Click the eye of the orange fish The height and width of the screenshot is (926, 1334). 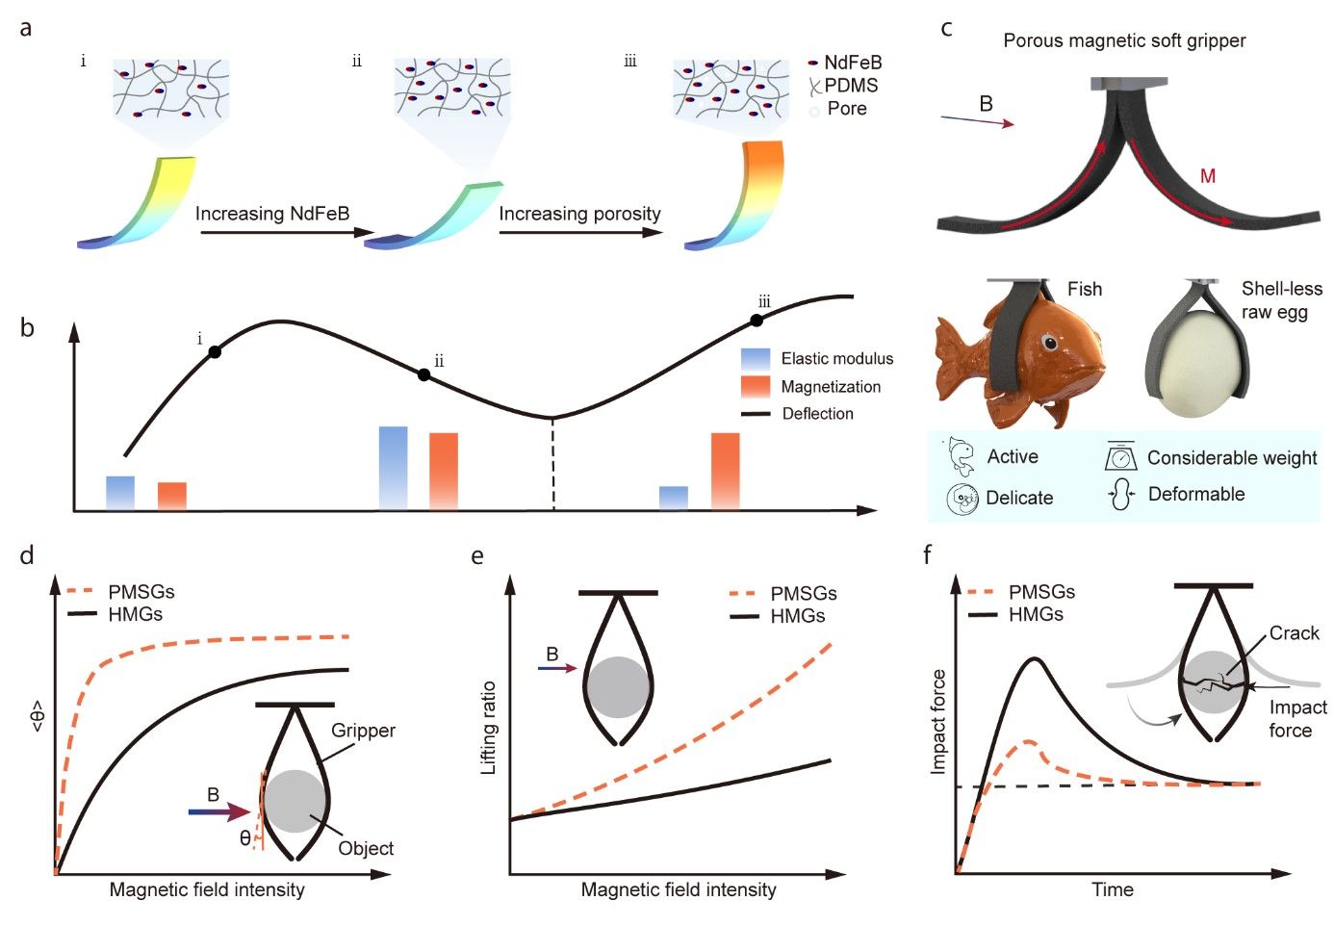(x=1050, y=343)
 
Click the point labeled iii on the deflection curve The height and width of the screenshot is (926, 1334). (x=757, y=321)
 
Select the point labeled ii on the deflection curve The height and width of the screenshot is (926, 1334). (x=423, y=374)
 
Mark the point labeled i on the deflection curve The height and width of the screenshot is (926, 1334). (x=215, y=352)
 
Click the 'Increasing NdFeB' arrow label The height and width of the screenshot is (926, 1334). (x=272, y=214)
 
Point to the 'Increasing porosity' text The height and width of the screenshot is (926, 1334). (x=579, y=214)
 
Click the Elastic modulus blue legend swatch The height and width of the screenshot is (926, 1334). (x=756, y=359)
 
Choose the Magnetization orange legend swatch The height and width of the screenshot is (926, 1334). (x=756, y=387)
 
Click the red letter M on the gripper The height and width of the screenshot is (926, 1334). (x=1208, y=176)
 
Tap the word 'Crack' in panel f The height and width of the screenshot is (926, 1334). (x=1294, y=633)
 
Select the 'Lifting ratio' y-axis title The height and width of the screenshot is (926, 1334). (x=489, y=727)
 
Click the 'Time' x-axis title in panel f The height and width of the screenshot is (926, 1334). (x=1113, y=889)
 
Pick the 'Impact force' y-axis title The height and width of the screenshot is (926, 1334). (x=938, y=721)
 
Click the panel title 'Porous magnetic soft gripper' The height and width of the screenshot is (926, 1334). (x=1124, y=40)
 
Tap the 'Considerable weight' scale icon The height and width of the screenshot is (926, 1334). (x=1120, y=456)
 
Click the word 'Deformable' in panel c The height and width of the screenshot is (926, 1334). (x=1196, y=494)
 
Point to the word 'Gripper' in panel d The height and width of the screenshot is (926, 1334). (x=363, y=731)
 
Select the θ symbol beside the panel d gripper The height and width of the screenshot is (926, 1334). (x=245, y=838)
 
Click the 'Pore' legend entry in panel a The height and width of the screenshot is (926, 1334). (x=846, y=109)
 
